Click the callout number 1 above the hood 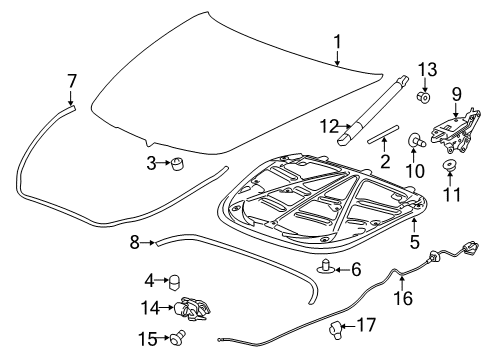point(337,42)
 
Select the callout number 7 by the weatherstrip point(71,80)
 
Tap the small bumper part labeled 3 point(181,163)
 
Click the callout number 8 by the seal point(133,241)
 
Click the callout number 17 point(366,326)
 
